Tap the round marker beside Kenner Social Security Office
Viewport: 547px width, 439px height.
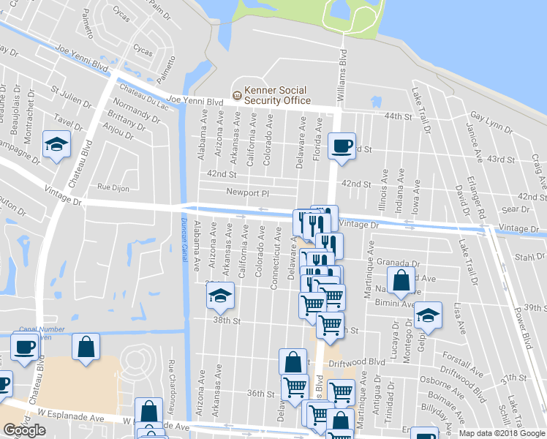click(237, 94)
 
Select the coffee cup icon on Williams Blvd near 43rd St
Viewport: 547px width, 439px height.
click(342, 146)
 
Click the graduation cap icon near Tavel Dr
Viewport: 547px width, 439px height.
click(56, 143)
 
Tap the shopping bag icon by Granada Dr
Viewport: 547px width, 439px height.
click(401, 279)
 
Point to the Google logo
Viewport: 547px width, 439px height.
click(25, 430)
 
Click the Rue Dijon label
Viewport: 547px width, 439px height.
click(114, 188)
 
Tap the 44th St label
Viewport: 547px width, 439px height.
click(399, 116)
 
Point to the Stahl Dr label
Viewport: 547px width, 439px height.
click(530, 257)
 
